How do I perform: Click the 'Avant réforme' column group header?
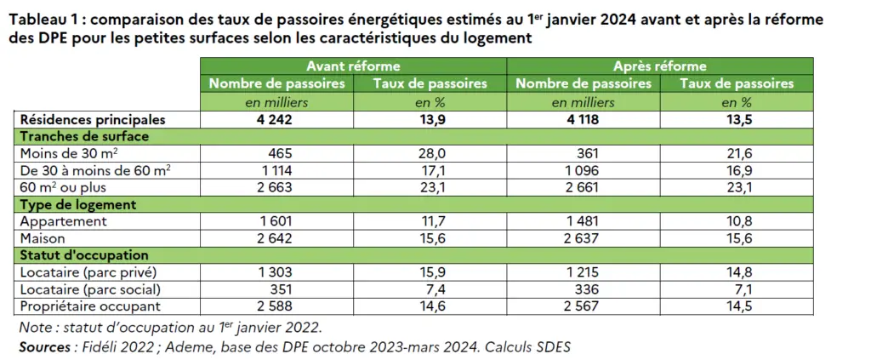[353, 66]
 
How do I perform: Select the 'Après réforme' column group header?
[660, 66]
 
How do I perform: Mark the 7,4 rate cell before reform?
[430, 289]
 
